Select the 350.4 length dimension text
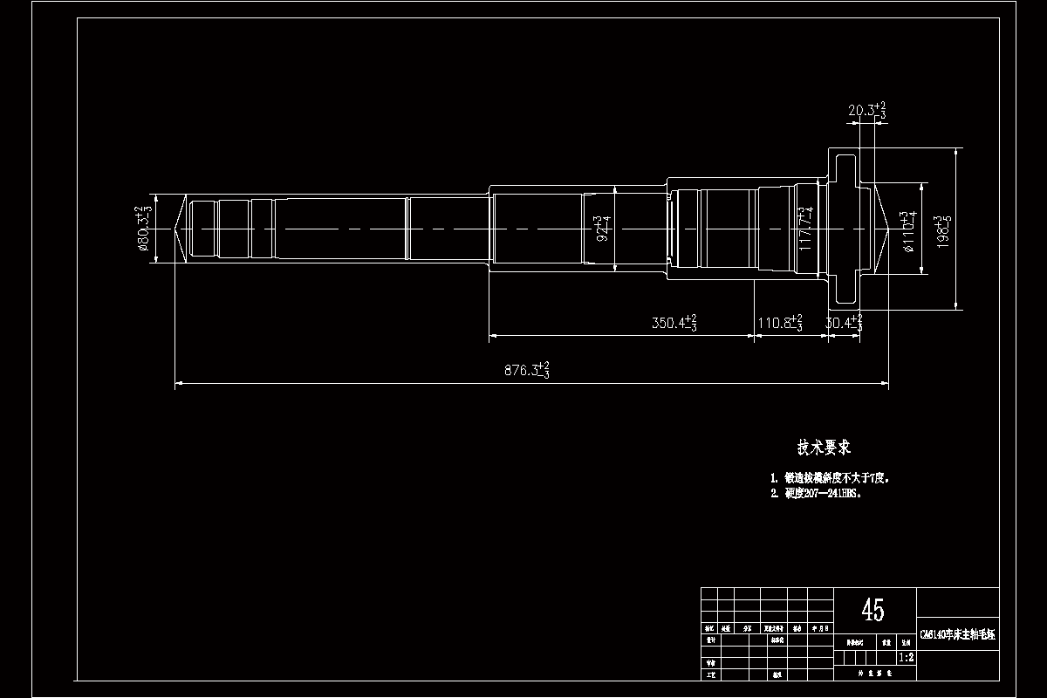tap(674, 323)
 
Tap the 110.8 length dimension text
tap(779, 323)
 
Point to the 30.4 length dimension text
tap(843, 323)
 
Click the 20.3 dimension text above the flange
tap(866, 111)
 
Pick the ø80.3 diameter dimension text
tap(144, 229)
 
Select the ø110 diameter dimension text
tap(911, 230)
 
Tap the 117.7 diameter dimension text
tap(806, 229)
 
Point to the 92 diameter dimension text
tap(600, 229)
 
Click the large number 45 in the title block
tap(872, 610)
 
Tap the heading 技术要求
tap(824, 448)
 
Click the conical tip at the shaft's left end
tap(179, 229)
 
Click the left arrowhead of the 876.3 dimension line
tap(178, 382)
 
